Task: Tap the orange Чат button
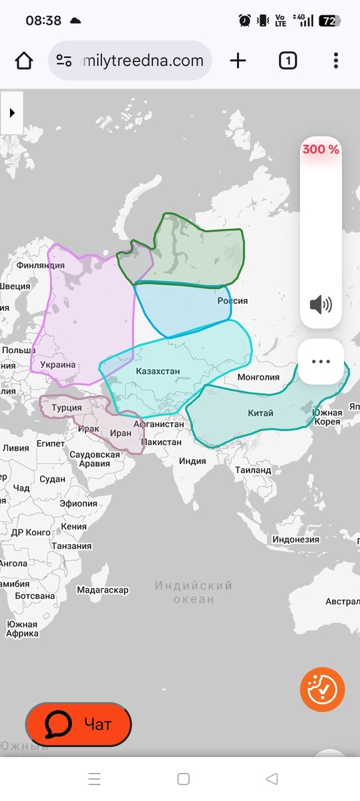(78, 724)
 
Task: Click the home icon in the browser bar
(24, 61)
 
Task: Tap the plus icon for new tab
(238, 61)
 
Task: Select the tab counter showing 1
(287, 61)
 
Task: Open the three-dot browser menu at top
(335, 61)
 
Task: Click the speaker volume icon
(321, 305)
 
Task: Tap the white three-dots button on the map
(321, 361)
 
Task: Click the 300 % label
(321, 150)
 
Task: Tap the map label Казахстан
(158, 371)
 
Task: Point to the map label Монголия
(258, 377)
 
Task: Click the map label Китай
(260, 413)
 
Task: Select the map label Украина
(57, 365)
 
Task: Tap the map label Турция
(67, 408)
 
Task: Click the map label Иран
(121, 433)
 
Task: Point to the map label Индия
(192, 461)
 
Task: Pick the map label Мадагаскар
(102, 590)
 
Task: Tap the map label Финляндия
(40, 265)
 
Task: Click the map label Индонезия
(296, 539)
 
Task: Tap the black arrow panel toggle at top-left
(12, 113)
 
